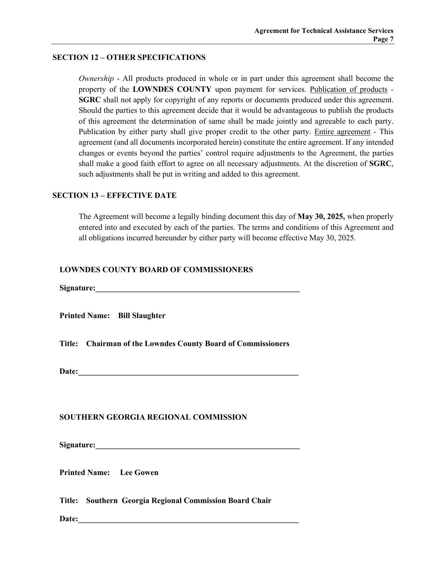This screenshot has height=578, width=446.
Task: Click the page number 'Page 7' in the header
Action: click(383, 39)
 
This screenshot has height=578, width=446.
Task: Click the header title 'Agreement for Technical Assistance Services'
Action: click(324, 31)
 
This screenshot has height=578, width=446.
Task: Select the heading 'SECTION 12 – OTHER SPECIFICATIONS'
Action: click(129, 57)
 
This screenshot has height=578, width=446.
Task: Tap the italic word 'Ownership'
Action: click(96, 78)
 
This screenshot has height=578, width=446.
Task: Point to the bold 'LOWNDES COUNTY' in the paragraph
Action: click(172, 89)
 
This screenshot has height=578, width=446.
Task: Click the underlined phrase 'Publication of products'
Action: click(348, 89)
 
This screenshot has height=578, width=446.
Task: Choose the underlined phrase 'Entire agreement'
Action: click(342, 132)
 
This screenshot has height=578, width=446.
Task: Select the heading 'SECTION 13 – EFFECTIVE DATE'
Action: click(114, 195)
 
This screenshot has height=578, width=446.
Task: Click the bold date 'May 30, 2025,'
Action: click(321, 216)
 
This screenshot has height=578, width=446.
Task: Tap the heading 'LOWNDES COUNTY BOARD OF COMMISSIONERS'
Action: click(156, 270)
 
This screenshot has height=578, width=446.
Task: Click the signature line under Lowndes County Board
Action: click(198, 289)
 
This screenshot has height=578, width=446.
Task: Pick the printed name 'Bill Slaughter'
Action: click(142, 316)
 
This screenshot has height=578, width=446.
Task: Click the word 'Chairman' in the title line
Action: click(101, 344)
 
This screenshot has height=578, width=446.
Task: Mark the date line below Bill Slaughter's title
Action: click(188, 373)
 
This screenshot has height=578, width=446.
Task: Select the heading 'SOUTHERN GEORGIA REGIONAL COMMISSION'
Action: click(153, 417)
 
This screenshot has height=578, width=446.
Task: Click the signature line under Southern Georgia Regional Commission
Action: click(198, 446)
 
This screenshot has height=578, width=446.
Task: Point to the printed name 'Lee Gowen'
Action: click(139, 473)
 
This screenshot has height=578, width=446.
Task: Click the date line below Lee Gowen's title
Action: click(188, 520)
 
